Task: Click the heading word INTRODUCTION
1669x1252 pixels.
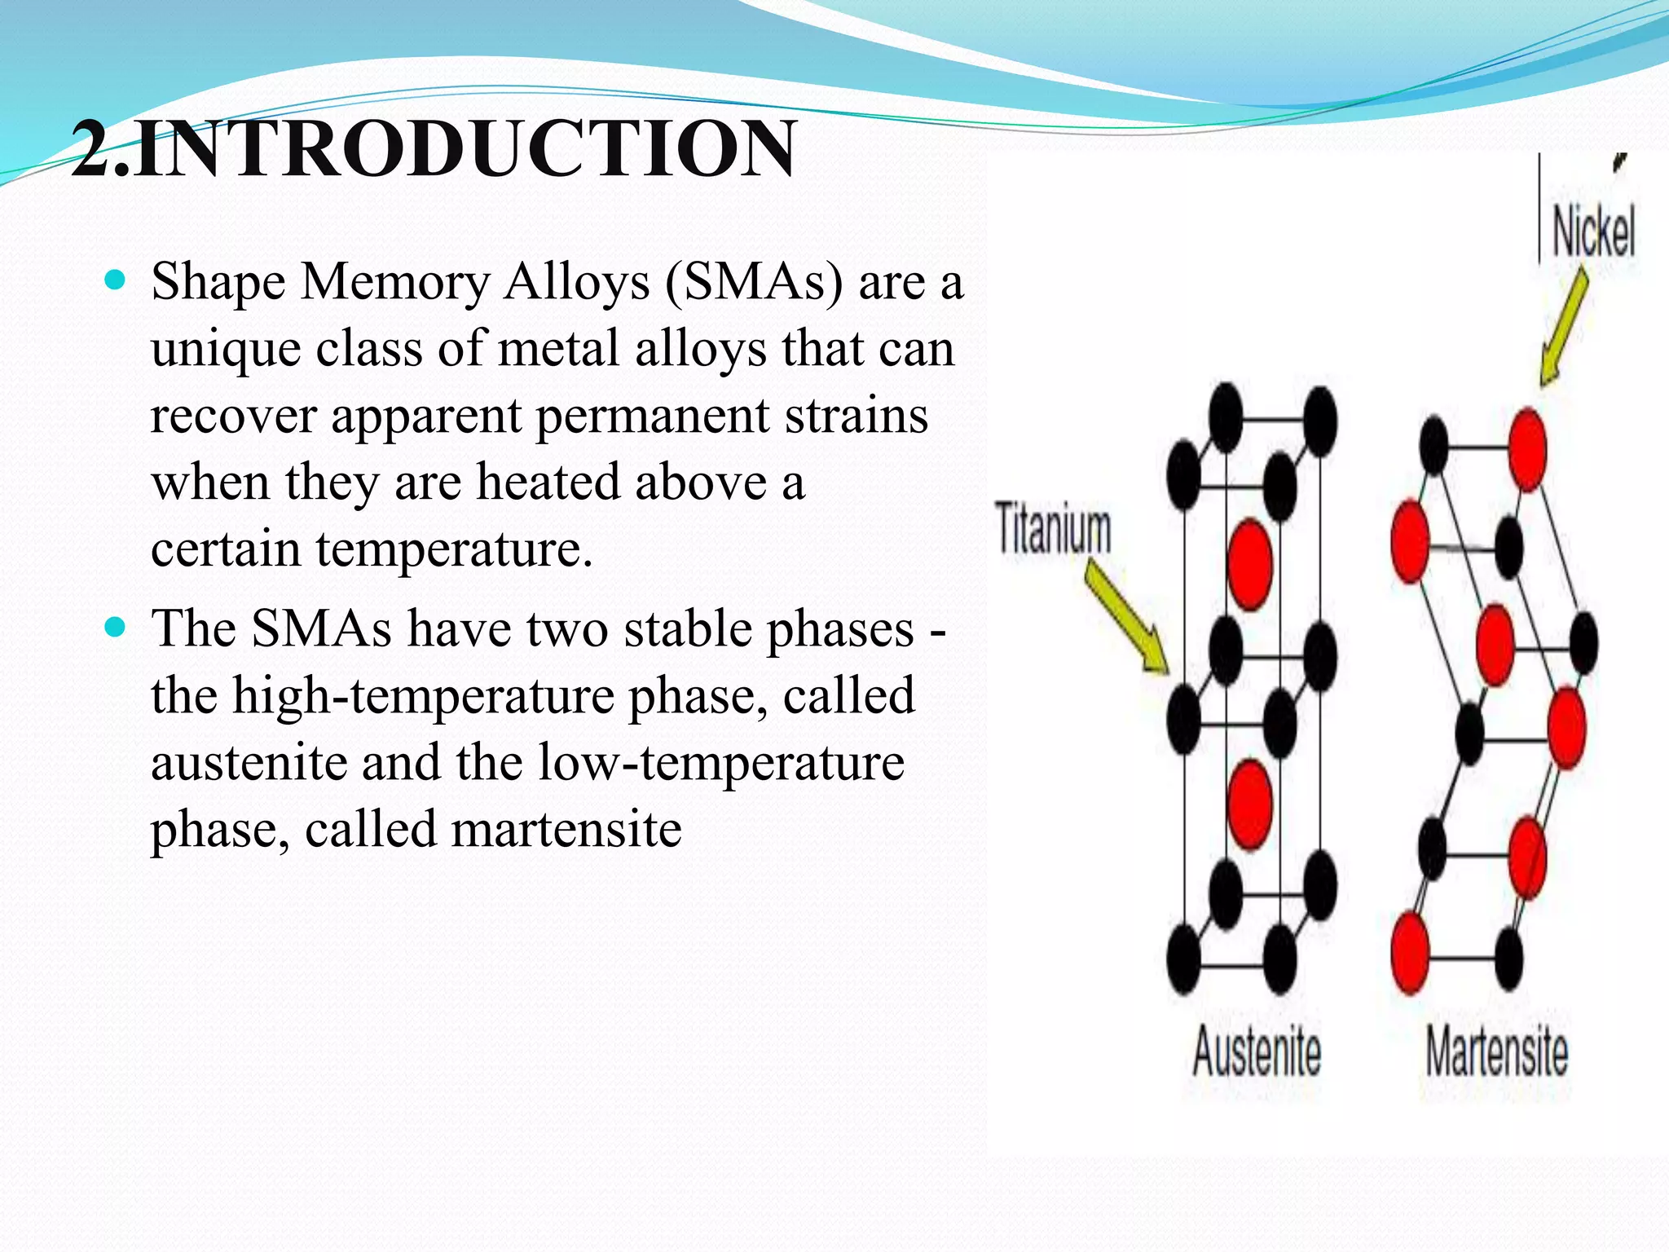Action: pos(465,148)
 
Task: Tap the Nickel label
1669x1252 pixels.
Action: pos(1592,232)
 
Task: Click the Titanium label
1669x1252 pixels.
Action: pos(1053,528)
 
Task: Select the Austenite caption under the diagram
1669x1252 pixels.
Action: pos(1256,1051)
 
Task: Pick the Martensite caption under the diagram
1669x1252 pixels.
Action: pos(1496,1051)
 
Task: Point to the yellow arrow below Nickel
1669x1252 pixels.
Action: pos(1565,326)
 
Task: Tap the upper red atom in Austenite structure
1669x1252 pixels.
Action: pos(1249,564)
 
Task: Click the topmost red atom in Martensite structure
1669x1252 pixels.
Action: pos(1526,450)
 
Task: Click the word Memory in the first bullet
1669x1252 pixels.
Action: pos(394,282)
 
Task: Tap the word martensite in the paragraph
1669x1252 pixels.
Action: pos(566,830)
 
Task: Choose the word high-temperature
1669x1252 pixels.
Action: pos(424,696)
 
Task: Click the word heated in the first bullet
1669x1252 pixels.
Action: pos(548,482)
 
